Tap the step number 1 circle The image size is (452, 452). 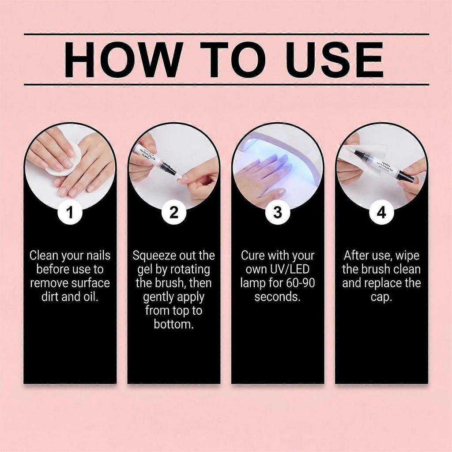70,213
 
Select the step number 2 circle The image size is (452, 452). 174,213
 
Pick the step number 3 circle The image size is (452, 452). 278,213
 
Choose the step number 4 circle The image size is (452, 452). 381,213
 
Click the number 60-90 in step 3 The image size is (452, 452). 300,283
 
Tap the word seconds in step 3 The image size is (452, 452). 278,297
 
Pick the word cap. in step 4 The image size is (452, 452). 381,297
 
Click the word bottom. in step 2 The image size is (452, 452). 174,324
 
